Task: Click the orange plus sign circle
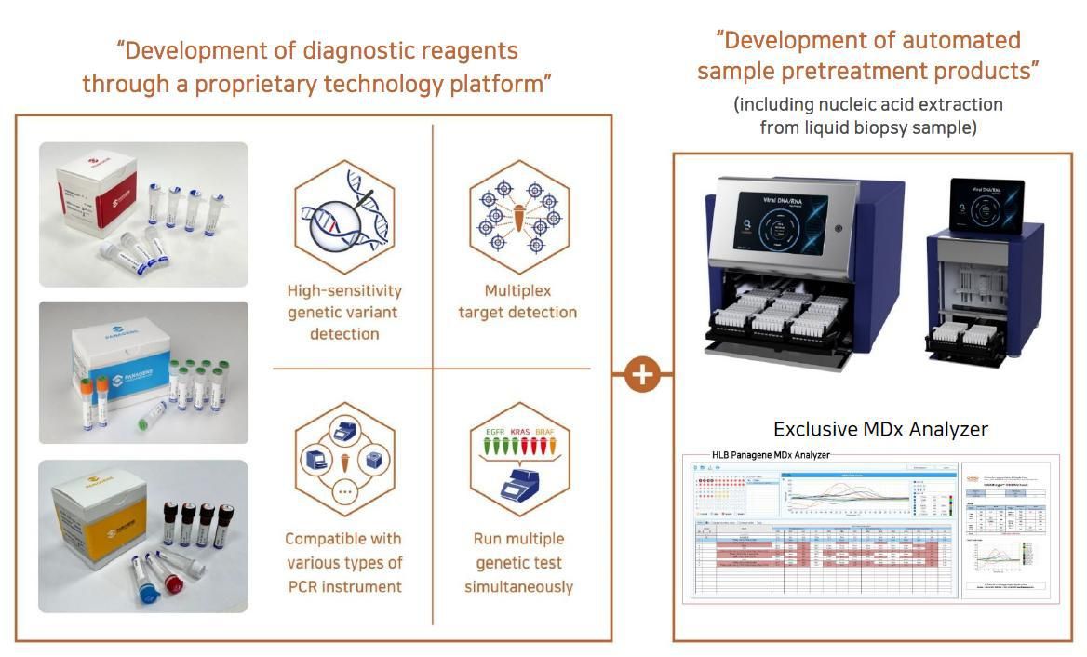[642, 374]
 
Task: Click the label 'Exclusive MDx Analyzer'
[880, 429]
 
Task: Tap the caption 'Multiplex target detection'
[517, 302]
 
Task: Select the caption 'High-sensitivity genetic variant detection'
[344, 312]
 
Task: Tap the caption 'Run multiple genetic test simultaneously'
[518, 562]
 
